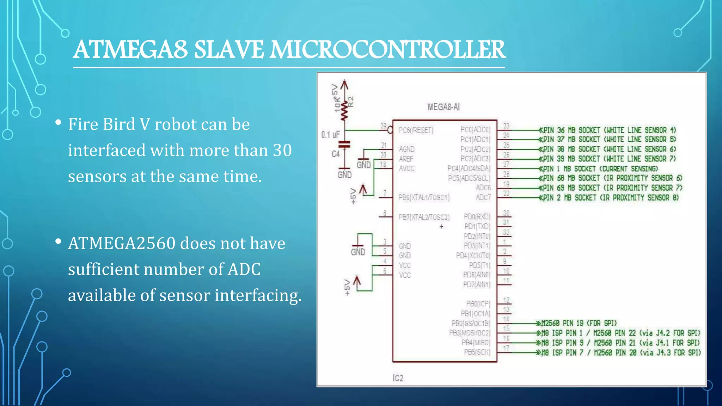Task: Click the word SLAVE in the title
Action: [x=228, y=50]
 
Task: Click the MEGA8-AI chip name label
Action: [x=443, y=107]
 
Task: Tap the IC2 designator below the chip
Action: [x=398, y=378]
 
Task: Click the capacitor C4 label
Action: [x=335, y=154]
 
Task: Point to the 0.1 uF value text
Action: [x=330, y=135]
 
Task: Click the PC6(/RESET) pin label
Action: [x=416, y=130]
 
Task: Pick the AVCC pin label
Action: [x=406, y=169]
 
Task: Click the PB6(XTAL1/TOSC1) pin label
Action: [x=424, y=198]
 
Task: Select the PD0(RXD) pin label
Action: [x=477, y=216]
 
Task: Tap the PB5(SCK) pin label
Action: [x=477, y=352]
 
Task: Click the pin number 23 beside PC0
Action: [x=506, y=126]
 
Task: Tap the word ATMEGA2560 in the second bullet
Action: [x=122, y=244]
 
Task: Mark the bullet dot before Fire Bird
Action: [x=59, y=123]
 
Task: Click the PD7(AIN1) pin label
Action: [x=476, y=284]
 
